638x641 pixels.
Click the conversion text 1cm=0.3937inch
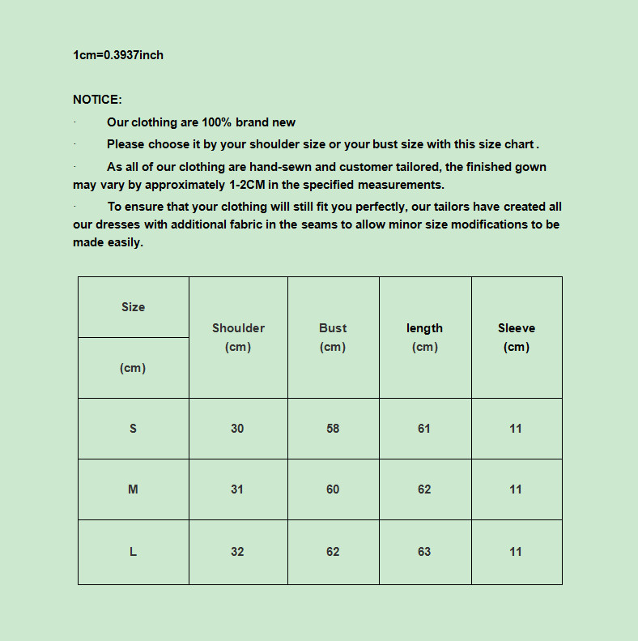click(118, 55)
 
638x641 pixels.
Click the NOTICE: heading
click(97, 100)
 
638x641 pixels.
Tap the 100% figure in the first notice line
click(217, 122)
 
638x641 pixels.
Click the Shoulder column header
click(238, 328)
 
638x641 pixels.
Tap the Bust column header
click(333, 328)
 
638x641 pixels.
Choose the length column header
click(424, 328)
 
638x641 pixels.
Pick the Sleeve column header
click(517, 328)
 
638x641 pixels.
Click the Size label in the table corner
click(133, 307)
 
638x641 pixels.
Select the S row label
click(133, 429)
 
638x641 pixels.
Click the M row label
click(133, 489)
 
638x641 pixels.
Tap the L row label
click(133, 552)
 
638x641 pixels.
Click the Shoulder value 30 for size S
click(237, 429)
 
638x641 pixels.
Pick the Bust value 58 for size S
click(333, 429)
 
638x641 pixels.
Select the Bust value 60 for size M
click(333, 489)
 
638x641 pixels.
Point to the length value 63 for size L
click(424, 552)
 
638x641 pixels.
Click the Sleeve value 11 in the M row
click(516, 489)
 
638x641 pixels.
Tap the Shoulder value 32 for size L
click(237, 552)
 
